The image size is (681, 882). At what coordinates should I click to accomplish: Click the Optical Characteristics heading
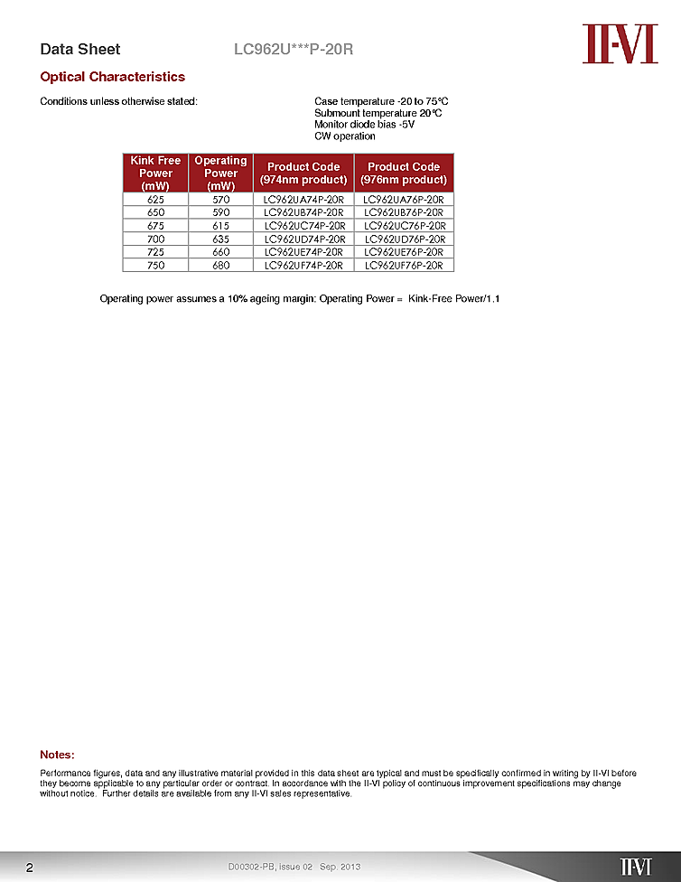pos(112,77)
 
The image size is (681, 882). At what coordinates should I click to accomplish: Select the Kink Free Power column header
pos(155,173)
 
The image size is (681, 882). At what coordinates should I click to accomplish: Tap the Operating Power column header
pos(220,173)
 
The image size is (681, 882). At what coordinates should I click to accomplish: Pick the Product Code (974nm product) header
pos(303,173)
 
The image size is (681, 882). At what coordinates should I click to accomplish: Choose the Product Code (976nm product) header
pos(404,173)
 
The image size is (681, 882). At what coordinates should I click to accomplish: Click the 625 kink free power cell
pos(155,199)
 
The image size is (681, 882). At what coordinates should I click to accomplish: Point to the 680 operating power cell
pos(220,266)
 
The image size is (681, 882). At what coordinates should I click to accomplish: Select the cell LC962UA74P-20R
pos(303,199)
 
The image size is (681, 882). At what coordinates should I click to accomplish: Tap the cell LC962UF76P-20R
pos(404,266)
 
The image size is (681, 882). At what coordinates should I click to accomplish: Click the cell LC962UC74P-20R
pos(303,225)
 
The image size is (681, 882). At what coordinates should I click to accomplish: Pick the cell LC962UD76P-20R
pos(404,239)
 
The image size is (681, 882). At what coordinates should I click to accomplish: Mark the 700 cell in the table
pos(155,239)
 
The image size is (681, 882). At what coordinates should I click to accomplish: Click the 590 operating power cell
pos(220,212)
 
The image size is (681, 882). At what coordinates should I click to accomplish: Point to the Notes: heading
pos(57,755)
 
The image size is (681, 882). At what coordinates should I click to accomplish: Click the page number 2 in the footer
pos(30,868)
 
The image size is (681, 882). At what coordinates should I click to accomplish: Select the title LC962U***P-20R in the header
pos(293,49)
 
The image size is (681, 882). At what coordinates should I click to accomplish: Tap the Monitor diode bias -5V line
pos(364,125)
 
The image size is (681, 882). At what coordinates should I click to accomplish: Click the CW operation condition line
pos(344,136)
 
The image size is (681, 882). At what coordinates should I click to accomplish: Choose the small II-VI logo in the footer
pos(635,867)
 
